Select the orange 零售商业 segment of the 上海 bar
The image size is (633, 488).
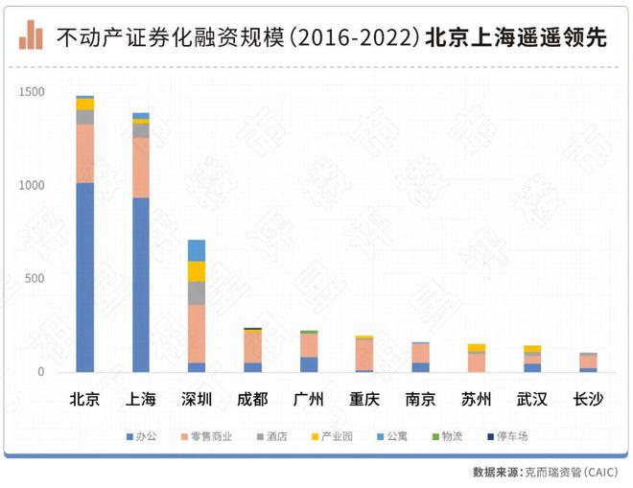(x=141, y=167)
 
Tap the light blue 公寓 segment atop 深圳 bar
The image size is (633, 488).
(x=197, y=250)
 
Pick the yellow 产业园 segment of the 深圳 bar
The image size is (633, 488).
(x=197, y=271)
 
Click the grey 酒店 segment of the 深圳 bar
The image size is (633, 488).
(x=197, y=293)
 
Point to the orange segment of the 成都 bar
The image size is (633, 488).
(x=252, y=346)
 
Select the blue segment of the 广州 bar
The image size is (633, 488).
(x=308, y=364)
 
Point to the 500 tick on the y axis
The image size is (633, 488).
(x=35, y=279)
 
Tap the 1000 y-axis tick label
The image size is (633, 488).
(x=33, y=185)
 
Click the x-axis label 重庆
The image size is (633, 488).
(x=363, y=399)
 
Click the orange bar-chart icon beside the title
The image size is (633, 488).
(x=32, y=36)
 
